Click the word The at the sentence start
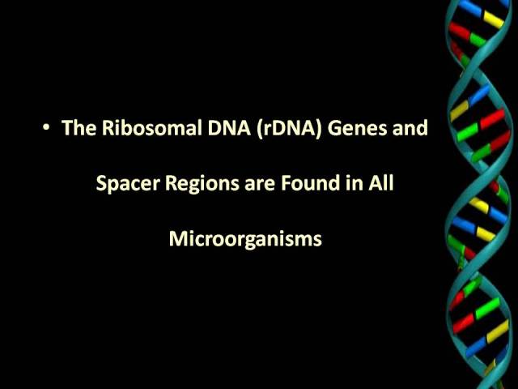coord(79,127)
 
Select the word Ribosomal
coord(152,127)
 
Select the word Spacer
coord(128,183)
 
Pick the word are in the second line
coord(260,186)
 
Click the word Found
coord(310,183)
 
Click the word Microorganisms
coord(245,239)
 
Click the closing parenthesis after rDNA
coord(318,128)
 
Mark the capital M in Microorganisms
coord(176,238)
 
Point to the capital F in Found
coord(286,183)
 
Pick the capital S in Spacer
coord(101,183)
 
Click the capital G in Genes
coord(334,127)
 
